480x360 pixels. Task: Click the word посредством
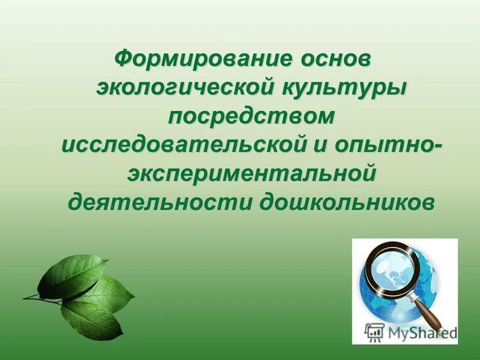[251, 116]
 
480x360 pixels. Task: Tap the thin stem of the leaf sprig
[39, 298]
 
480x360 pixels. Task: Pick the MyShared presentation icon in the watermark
[375, 331]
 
